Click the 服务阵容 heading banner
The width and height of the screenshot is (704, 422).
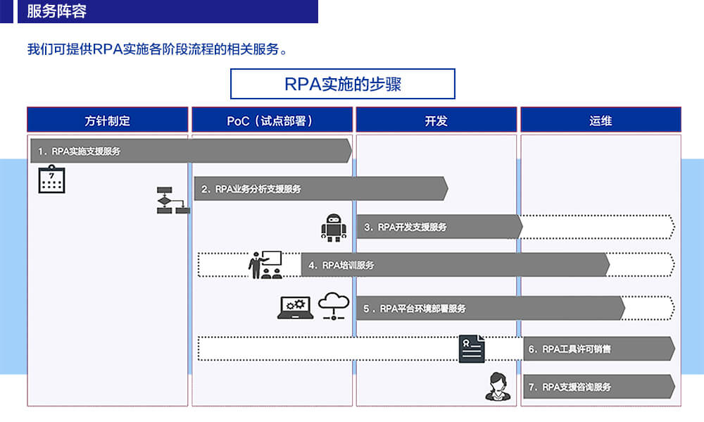168,12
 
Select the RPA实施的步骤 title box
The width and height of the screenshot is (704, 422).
343,84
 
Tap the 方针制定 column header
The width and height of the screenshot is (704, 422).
108,120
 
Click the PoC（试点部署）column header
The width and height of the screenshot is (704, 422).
272,120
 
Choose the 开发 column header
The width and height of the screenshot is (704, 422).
436,120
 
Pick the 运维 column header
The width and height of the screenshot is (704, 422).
601,120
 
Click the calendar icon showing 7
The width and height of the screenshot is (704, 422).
51,179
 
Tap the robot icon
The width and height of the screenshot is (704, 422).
334,228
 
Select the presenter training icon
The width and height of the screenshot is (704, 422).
265,265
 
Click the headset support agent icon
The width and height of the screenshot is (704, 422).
498,386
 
